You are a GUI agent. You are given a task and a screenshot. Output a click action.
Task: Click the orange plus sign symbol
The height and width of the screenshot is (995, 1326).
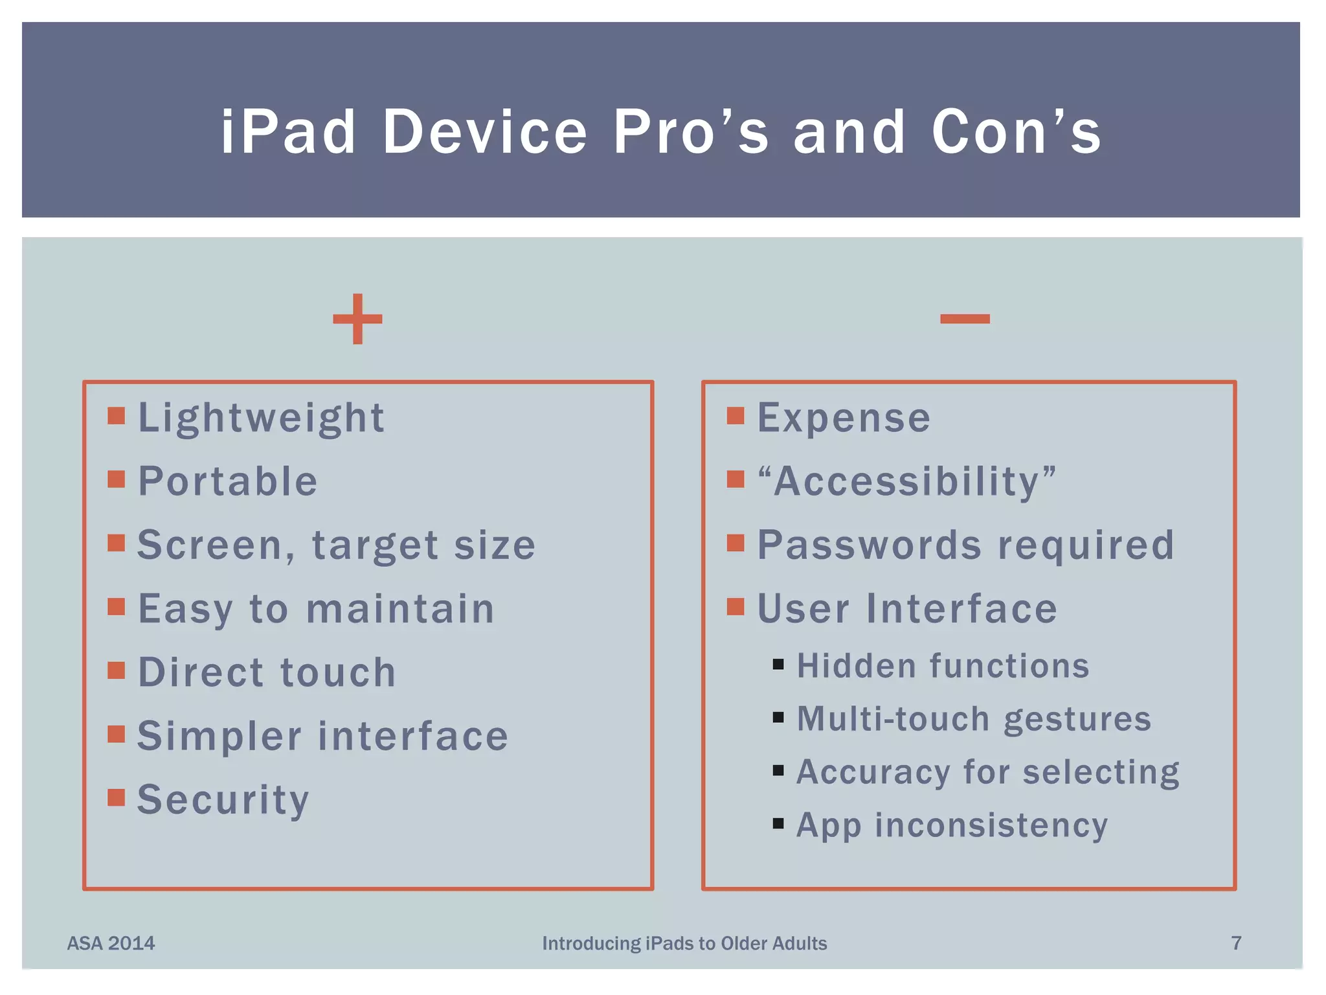tap(357, 319)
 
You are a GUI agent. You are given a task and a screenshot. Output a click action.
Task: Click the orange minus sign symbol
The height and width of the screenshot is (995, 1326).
tap(965, 318)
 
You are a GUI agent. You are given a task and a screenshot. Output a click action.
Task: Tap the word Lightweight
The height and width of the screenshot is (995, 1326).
tap(262, 418)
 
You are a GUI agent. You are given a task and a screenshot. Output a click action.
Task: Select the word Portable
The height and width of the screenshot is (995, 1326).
tap(228, 481)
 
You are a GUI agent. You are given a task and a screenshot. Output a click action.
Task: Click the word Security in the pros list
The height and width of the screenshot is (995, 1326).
tap(223, 800)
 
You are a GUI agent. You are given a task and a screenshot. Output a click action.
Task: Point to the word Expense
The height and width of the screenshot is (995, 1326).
tap(844, 418)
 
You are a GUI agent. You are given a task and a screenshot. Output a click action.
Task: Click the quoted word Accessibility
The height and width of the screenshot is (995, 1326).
tap(906, 482)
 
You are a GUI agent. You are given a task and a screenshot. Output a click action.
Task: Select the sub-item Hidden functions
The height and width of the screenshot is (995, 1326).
tap(943, 666)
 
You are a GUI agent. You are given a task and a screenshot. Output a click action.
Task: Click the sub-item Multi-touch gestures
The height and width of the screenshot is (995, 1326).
tap(974, 719)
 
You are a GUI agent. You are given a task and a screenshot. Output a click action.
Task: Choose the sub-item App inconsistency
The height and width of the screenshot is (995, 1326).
tap(952, 825)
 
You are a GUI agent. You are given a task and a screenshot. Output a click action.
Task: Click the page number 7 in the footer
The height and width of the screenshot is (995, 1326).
tap(1236, 943)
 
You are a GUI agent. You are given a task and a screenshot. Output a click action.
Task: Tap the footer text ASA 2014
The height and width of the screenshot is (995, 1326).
tap(111, 943)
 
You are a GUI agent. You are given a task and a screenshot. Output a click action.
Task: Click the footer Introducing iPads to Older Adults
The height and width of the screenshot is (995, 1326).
tap(684, 943)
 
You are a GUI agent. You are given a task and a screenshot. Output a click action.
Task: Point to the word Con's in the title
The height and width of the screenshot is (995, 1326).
tap(1016, 132)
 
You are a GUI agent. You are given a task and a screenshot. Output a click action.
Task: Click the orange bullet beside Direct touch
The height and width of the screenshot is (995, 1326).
tap(116, 670)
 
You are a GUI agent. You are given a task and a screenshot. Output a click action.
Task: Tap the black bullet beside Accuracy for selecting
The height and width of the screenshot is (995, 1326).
tap(778, 770)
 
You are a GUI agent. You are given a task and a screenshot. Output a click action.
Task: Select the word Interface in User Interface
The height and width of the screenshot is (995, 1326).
tap(961, 609)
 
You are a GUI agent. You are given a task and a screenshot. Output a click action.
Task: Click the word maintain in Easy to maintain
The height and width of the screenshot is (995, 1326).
tap(400, 609)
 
